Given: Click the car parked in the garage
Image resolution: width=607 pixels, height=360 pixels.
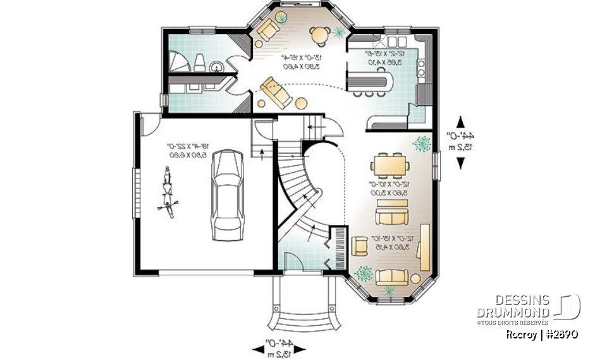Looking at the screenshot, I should tap(226, 196).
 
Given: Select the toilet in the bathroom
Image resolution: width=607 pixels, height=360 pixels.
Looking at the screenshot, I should tap(199, 61).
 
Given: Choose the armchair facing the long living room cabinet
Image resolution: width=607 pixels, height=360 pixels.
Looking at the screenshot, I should tap(359, 245).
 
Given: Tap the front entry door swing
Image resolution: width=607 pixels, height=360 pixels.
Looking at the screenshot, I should tap(293, 260).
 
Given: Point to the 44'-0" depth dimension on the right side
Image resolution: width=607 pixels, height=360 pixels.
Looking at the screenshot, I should tap(467, 141).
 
